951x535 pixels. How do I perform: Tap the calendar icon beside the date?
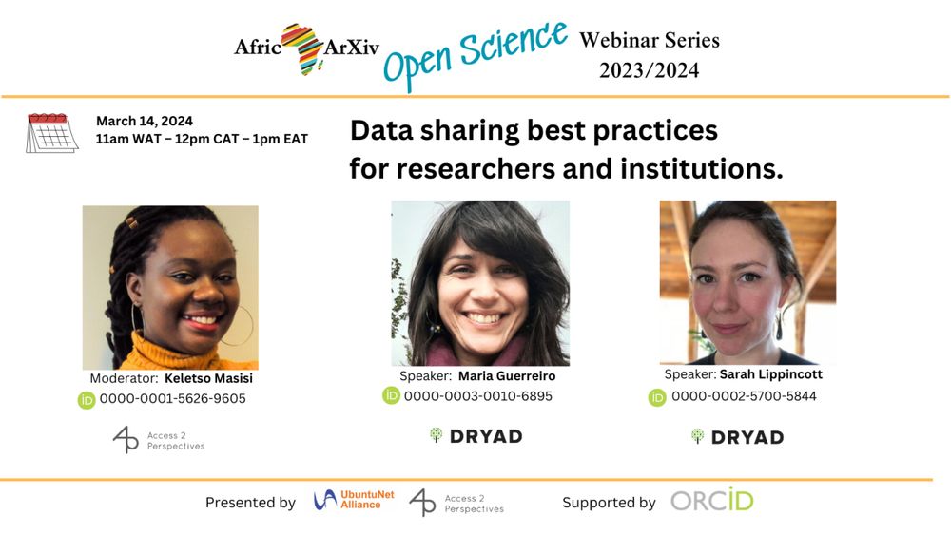point(52,133)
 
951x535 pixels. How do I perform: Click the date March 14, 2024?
point(145,122)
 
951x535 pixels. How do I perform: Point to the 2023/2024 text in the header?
point(649,70)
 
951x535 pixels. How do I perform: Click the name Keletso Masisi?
point(208,378)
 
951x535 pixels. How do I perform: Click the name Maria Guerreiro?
point(507,375)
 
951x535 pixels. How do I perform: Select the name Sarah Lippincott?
point(771,373)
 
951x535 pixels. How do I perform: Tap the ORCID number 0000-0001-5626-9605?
point(173,399)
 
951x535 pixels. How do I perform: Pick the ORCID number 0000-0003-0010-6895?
point(478,396)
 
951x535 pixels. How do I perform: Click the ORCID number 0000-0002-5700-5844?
point(744,396)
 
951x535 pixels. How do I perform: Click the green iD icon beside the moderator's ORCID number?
point(87,400)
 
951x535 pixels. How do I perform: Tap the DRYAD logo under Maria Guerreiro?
point(476,436)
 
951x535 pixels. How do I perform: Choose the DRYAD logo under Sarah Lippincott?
point(738,437)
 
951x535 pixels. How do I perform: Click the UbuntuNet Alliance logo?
point(354,500)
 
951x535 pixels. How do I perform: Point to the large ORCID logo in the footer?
point(712,501)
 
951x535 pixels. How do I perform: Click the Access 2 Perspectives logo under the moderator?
point(159,440)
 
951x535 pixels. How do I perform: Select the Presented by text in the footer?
point(250,503)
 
